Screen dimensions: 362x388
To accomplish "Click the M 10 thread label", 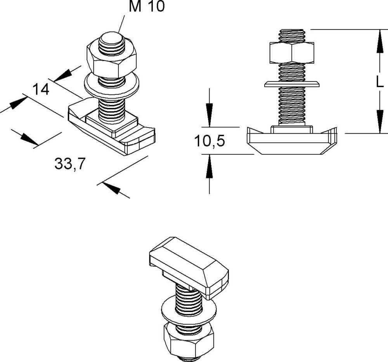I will [147, 7].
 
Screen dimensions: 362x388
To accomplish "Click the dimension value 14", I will [41, 90].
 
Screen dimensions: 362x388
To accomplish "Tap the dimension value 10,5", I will [210, 141].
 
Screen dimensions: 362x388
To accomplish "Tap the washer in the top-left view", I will [111, 86].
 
